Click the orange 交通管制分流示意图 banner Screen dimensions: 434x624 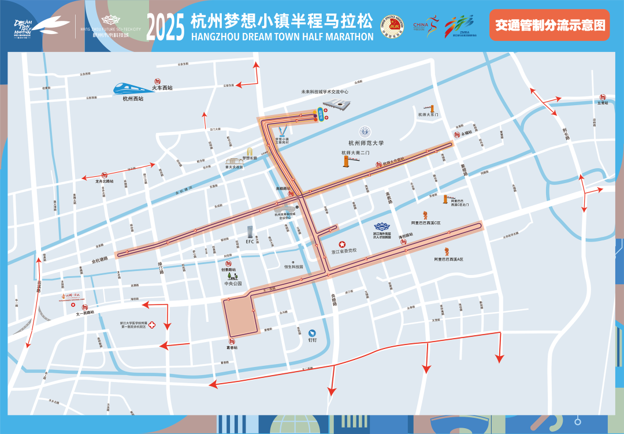coord(549,25)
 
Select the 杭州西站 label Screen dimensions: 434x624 coord(133,99)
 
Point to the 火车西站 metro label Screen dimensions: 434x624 coord(162,88)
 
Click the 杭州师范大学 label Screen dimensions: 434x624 coord(366,143)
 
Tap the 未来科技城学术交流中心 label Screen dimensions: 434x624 coord(325,91)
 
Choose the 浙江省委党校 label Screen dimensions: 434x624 coord(344,251)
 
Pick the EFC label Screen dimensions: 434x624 coord(250,242)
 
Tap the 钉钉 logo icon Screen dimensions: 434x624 coord(313,333)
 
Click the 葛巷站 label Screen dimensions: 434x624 coord(232,347)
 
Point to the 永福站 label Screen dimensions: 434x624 coord(466,132)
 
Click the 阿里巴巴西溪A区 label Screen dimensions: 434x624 coord(449,259)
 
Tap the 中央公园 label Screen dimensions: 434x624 coord(233,284)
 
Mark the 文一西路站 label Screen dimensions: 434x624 coord(85,313)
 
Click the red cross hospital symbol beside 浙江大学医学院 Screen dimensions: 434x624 coord(153,325)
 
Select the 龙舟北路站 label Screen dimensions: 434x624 coord(105,181)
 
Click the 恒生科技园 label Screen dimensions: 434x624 coord(294,266)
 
